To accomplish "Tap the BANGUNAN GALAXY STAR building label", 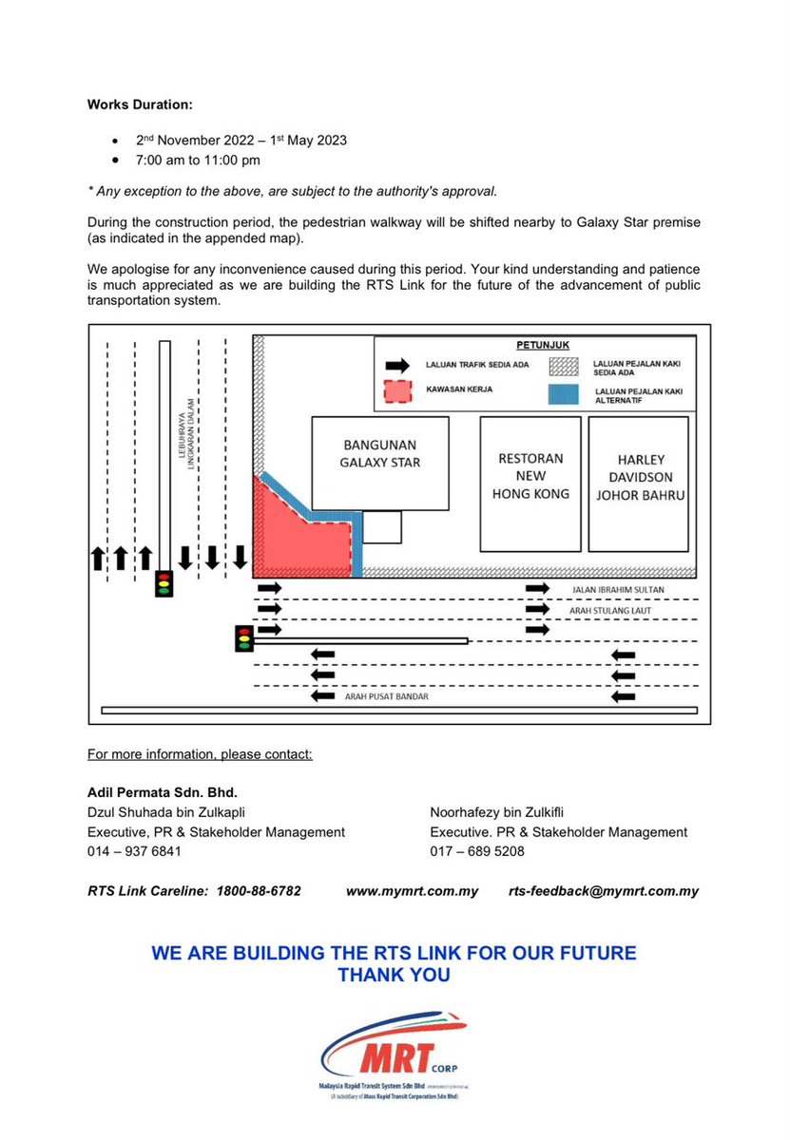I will coord(379,453).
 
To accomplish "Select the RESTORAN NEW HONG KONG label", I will coord(530,475).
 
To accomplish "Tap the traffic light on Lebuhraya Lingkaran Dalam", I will coord(164,583).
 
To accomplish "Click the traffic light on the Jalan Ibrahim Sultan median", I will coord(244,638).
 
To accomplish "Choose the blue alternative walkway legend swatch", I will coord(564,392).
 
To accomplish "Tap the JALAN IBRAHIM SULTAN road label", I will coord(618,590).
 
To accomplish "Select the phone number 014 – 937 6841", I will coord(134,851).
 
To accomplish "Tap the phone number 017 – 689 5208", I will coord(477,851).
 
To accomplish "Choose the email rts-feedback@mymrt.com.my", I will coord(604,891).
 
